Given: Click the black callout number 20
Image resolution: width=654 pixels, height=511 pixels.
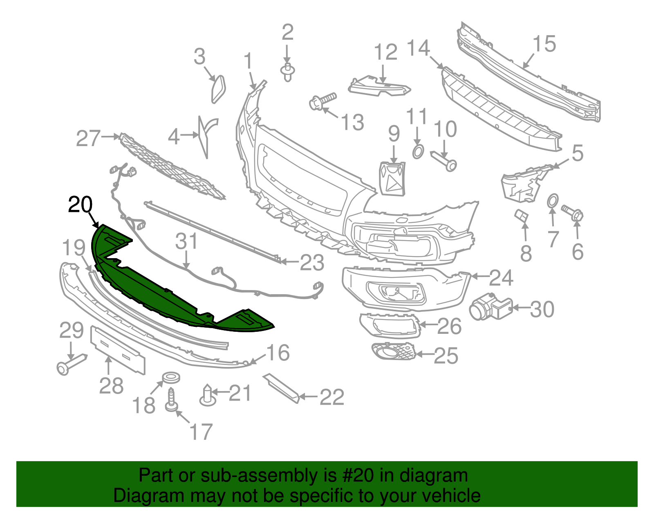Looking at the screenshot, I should pos(80,205).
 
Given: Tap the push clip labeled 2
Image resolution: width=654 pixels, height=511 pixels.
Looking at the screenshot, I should pos(288,72).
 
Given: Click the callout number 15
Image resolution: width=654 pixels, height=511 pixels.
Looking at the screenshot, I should pos(544,44).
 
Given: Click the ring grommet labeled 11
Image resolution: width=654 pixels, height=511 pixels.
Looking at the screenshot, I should pos(418,152).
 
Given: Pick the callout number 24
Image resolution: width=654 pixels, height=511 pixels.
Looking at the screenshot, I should pos(501,278).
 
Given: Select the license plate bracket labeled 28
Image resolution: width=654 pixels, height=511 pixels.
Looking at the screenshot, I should pos(118,350).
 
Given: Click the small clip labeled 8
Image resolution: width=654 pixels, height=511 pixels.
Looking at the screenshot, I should pos(521,215).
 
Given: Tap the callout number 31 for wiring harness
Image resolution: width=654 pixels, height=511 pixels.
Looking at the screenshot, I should pos(186,241).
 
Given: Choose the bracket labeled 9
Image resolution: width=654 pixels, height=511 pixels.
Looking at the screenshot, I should pos(392,179).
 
